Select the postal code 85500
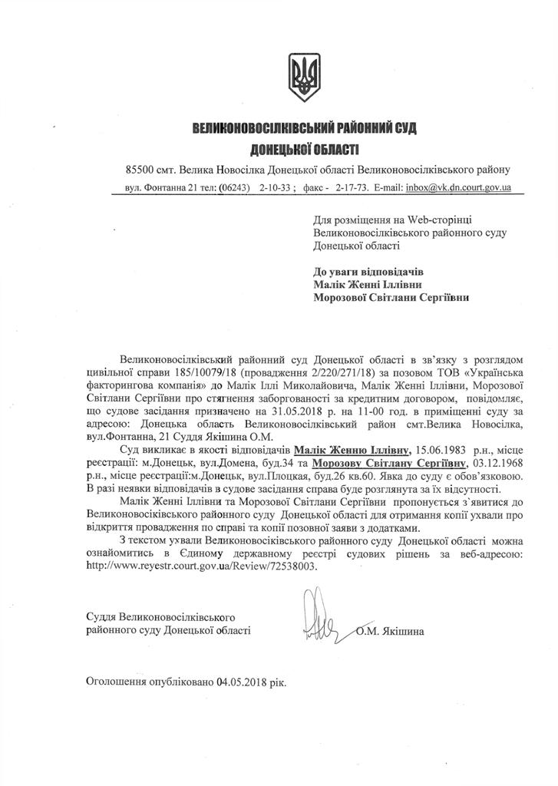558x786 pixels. pos(142,169)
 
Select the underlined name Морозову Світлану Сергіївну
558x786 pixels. pos(400,463)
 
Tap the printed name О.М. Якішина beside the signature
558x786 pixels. pos(391,632)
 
